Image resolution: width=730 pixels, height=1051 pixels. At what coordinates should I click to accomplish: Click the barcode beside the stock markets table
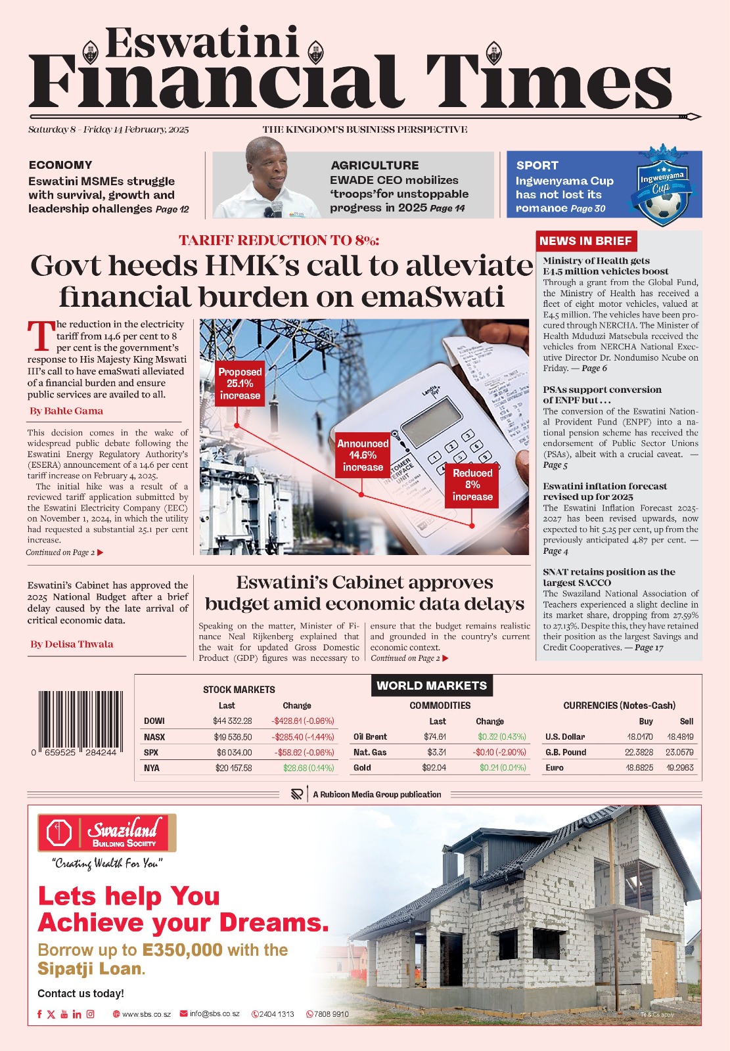click(77, 720)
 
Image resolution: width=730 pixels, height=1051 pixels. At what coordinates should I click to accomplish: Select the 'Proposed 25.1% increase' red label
click(240, 384)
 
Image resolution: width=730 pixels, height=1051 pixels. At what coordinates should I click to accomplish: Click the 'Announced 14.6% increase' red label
click(363, 455)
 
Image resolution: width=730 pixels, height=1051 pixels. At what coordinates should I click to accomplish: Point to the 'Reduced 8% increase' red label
click(472, 485)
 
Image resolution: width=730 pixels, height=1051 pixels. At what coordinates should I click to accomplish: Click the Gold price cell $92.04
click(434, 768)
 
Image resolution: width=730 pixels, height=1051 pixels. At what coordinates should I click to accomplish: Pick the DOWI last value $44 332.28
click(232, 721)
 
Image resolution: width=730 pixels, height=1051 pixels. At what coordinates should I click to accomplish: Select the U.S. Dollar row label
click(565, 737)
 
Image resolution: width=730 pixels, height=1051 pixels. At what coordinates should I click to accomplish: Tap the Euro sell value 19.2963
click(680, 768)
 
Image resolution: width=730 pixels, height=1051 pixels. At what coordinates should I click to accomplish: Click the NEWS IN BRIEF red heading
click(585, 241)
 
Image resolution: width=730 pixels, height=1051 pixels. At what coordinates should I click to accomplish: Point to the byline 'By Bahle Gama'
click(66, 411)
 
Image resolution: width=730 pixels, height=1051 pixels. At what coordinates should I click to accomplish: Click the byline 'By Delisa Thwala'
click(72, 644)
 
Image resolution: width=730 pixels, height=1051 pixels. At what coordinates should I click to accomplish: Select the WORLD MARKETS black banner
click(432, 686)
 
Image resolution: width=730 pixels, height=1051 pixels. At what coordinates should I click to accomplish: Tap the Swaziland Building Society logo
click(107, 834)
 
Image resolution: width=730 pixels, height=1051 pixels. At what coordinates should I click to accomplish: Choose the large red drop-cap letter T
click(41, 336)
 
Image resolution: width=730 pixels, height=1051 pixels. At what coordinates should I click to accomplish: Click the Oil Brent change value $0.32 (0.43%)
click(501, 737)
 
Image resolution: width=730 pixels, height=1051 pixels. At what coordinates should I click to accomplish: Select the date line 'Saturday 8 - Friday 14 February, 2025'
click(108, 130)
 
